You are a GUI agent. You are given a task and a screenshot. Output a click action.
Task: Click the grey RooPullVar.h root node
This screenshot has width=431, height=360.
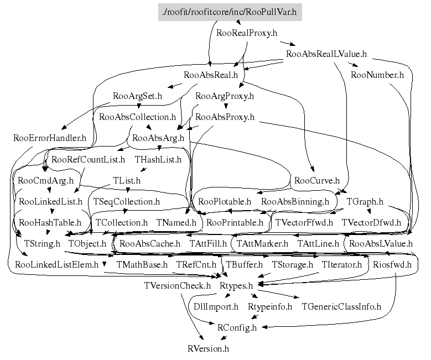[230, 11]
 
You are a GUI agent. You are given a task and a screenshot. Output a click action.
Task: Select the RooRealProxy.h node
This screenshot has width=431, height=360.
[246, 33]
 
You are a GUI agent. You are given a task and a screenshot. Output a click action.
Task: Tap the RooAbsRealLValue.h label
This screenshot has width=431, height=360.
[326, 54]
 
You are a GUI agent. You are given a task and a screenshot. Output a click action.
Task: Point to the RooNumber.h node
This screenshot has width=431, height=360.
[377, 75]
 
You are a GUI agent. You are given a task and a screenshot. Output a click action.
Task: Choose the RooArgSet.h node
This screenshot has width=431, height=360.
[137, 96]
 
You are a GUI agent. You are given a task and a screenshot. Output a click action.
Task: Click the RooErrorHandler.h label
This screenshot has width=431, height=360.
[50, 138]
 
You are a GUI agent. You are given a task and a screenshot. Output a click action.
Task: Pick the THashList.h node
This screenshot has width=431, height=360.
[158, 160]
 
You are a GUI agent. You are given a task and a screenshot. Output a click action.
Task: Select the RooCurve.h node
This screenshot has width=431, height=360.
[316, 181]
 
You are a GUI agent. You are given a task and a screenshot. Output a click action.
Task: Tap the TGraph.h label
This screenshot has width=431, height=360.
[365, 202]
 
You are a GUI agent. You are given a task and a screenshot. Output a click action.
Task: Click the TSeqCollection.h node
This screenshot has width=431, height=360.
[126, 202]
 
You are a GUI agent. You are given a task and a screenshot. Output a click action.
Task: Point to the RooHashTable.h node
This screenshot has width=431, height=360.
[50, 223]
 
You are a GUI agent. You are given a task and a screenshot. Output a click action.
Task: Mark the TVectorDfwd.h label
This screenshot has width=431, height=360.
[371, 223]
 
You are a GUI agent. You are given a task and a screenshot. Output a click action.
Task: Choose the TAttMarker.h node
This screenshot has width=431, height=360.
[263, 243]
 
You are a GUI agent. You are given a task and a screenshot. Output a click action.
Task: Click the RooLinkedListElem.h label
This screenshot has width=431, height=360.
[56, 265]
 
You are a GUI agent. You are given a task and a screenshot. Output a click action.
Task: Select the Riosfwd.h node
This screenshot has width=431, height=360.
[392, 265]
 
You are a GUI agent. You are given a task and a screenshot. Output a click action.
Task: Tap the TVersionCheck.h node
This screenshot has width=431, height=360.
[177, 286]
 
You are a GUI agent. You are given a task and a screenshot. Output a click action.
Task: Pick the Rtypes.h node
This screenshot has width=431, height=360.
[236, 286]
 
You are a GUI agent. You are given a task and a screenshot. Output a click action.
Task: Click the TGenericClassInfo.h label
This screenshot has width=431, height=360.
[341, 306]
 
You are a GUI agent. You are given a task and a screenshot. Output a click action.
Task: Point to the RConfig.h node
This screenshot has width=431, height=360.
[237, 327]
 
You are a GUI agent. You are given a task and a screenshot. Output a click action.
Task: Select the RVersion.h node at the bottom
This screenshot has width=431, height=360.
[208, 348]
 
